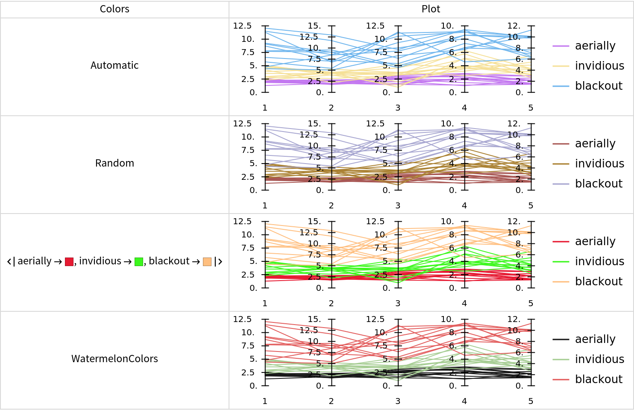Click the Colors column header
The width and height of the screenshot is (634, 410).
pos(114,9)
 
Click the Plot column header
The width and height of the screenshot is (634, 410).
pos(431,9)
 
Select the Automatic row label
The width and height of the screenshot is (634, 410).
pos(114,65)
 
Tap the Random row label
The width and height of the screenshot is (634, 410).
pos(114,163)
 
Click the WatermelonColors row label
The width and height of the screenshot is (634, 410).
pos(114,359)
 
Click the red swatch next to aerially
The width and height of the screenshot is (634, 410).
pos(69,262)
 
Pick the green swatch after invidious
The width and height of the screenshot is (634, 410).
pos(139,262)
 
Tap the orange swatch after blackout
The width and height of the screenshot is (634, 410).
pos(207,262)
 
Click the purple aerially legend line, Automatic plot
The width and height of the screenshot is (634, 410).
pos(561,46)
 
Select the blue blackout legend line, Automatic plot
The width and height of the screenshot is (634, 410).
pos(561,86)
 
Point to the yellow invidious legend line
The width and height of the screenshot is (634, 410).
pos(561,66)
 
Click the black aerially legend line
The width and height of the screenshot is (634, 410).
pos(561,339)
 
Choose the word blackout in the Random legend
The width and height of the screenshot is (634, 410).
pos(599,184)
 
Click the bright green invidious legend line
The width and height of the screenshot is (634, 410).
pos(561,261)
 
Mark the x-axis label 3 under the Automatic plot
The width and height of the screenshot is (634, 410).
pos(398,108)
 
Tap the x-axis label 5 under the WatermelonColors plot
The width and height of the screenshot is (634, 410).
pos(531,401)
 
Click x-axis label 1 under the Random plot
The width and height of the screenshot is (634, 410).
pos(265,205)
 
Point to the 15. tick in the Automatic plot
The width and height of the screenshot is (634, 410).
pos(314,26)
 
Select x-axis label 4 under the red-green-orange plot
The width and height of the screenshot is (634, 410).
pos(464,303)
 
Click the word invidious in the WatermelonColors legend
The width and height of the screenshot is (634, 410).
pos(599,359)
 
